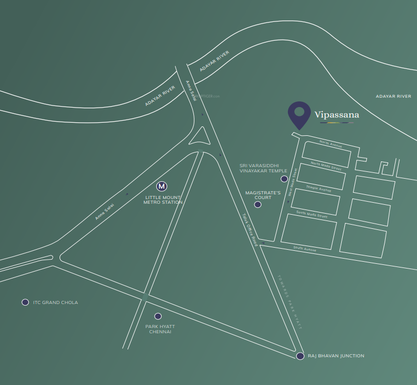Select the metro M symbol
tap(162, 186)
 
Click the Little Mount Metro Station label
tap(163, 200)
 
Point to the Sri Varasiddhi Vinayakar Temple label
tap(263, 168)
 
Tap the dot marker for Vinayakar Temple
tap(284, 179)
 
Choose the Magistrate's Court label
tap(263, 195)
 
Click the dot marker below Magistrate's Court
tap(258, 204)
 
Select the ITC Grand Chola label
tap(55, 302)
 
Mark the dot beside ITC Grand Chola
tap(25, 302)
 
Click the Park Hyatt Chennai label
tap(160, 329)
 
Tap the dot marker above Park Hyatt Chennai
tap(158, 316)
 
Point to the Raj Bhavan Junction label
tap(336, 356)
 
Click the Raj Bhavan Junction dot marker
tap(300, 356)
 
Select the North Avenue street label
tap(331, 144)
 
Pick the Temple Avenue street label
tap(319, 188)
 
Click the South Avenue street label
tap(305, 249)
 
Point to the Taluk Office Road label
tap(250, 229)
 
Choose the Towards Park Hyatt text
tap(291, 301)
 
